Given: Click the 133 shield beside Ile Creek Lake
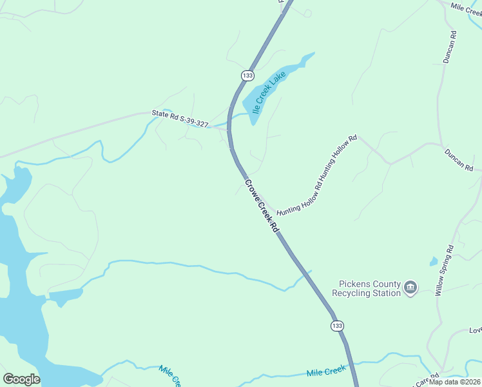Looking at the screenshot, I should pos(247,75).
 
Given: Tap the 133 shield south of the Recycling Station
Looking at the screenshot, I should pos(337,326).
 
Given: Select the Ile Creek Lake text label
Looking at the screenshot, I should pos(269,94).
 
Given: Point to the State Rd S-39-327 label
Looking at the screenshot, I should pos(180,118).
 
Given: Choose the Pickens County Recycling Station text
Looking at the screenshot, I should pos(366,288).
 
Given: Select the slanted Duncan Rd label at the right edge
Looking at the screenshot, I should pos(459,160).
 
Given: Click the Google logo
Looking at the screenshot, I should pos(21,379).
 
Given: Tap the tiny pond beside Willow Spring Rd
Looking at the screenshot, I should pos(434,262).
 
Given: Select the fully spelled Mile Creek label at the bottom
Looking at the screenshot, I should pos(326,372).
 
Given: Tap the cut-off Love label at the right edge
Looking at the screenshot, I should pos(475,330).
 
